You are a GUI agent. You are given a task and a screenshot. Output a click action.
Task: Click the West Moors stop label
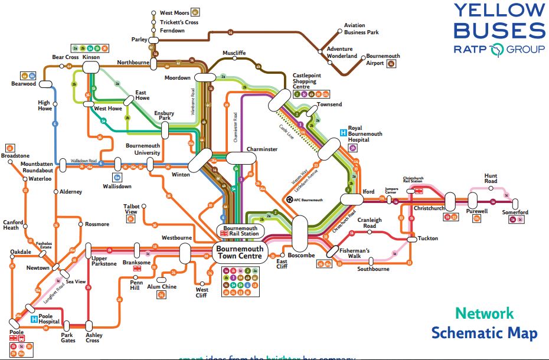pos(174,12)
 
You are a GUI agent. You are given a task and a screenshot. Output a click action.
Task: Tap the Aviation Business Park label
pos(362,30)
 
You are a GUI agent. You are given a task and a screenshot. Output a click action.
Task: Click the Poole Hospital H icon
pos(34,319)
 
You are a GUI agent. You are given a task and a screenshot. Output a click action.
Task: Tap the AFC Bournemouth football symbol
pos(289,199)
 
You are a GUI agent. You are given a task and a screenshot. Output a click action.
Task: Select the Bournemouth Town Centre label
pos(240,253)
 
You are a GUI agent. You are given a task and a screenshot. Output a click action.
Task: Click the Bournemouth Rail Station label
pos(240,231)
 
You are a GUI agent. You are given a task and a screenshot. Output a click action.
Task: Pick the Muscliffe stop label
pos(234,53)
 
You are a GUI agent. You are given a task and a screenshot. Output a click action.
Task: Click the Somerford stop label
pos(515,212)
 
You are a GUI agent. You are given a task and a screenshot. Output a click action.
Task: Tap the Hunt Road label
pos(491,179)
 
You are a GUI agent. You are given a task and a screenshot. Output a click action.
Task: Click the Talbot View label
pos(131,209)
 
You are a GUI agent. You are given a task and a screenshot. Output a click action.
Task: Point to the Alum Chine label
pos(162,287)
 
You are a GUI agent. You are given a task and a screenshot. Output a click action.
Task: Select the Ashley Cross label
pos(93,338)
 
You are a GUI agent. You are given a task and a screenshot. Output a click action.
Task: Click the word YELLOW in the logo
pos(499,10)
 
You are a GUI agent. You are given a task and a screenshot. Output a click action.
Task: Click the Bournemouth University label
pos(143,149)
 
